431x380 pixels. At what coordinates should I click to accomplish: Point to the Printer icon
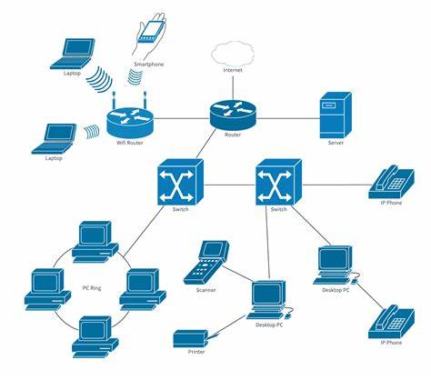[x=196, y=338]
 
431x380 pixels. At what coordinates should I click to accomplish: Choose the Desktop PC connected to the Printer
[x=269, y=301]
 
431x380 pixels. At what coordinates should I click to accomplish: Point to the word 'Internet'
[x=234, y=71]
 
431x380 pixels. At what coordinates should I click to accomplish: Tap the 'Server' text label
[x=336, y=143]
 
